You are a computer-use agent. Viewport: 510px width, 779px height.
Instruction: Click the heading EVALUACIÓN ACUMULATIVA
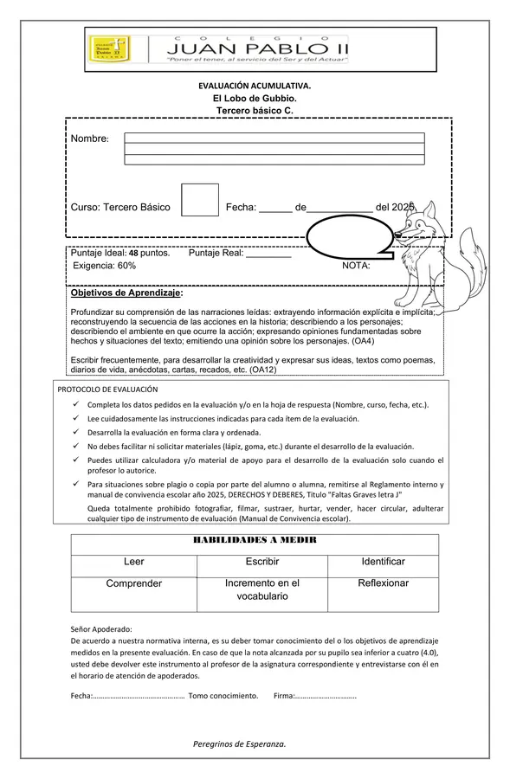pyautogui.click(x=255, y=87)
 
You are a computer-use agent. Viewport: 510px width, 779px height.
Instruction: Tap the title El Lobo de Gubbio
pyautogui.click(x=255, y=99)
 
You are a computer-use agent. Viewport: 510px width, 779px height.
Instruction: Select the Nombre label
pyautogui.click(x=89, y=139)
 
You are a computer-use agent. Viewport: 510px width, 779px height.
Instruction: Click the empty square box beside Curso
pyautogui.click(x=200, y=200)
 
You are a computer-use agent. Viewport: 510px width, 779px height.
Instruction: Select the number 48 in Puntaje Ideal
pyautogui.click(x=133, y=254)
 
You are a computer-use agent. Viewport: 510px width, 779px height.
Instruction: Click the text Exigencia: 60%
pyautogui.click(x=104, y=266)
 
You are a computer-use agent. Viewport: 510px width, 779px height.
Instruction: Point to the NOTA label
pyautogui.click(x=356, y=266)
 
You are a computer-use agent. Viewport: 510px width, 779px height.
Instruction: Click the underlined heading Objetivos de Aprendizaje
pyautogui.click(x=126, y=294)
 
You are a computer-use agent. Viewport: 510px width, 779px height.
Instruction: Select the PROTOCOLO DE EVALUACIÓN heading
pyautogui.click(x=108, y=389)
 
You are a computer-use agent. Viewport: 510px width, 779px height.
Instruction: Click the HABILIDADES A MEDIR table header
pyautogui.click(x=254, y=539)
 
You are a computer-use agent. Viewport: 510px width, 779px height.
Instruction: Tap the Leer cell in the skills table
pyautogui.click(x=134, y=562)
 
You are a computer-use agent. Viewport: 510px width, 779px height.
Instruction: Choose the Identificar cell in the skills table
pyautogui.click(x=383, y=562)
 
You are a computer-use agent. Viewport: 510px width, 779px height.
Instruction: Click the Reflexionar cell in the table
pyautogui.click(x=383, y=583)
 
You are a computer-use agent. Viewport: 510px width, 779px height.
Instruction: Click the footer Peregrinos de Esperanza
pyautogui.click(x=239, y=744)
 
